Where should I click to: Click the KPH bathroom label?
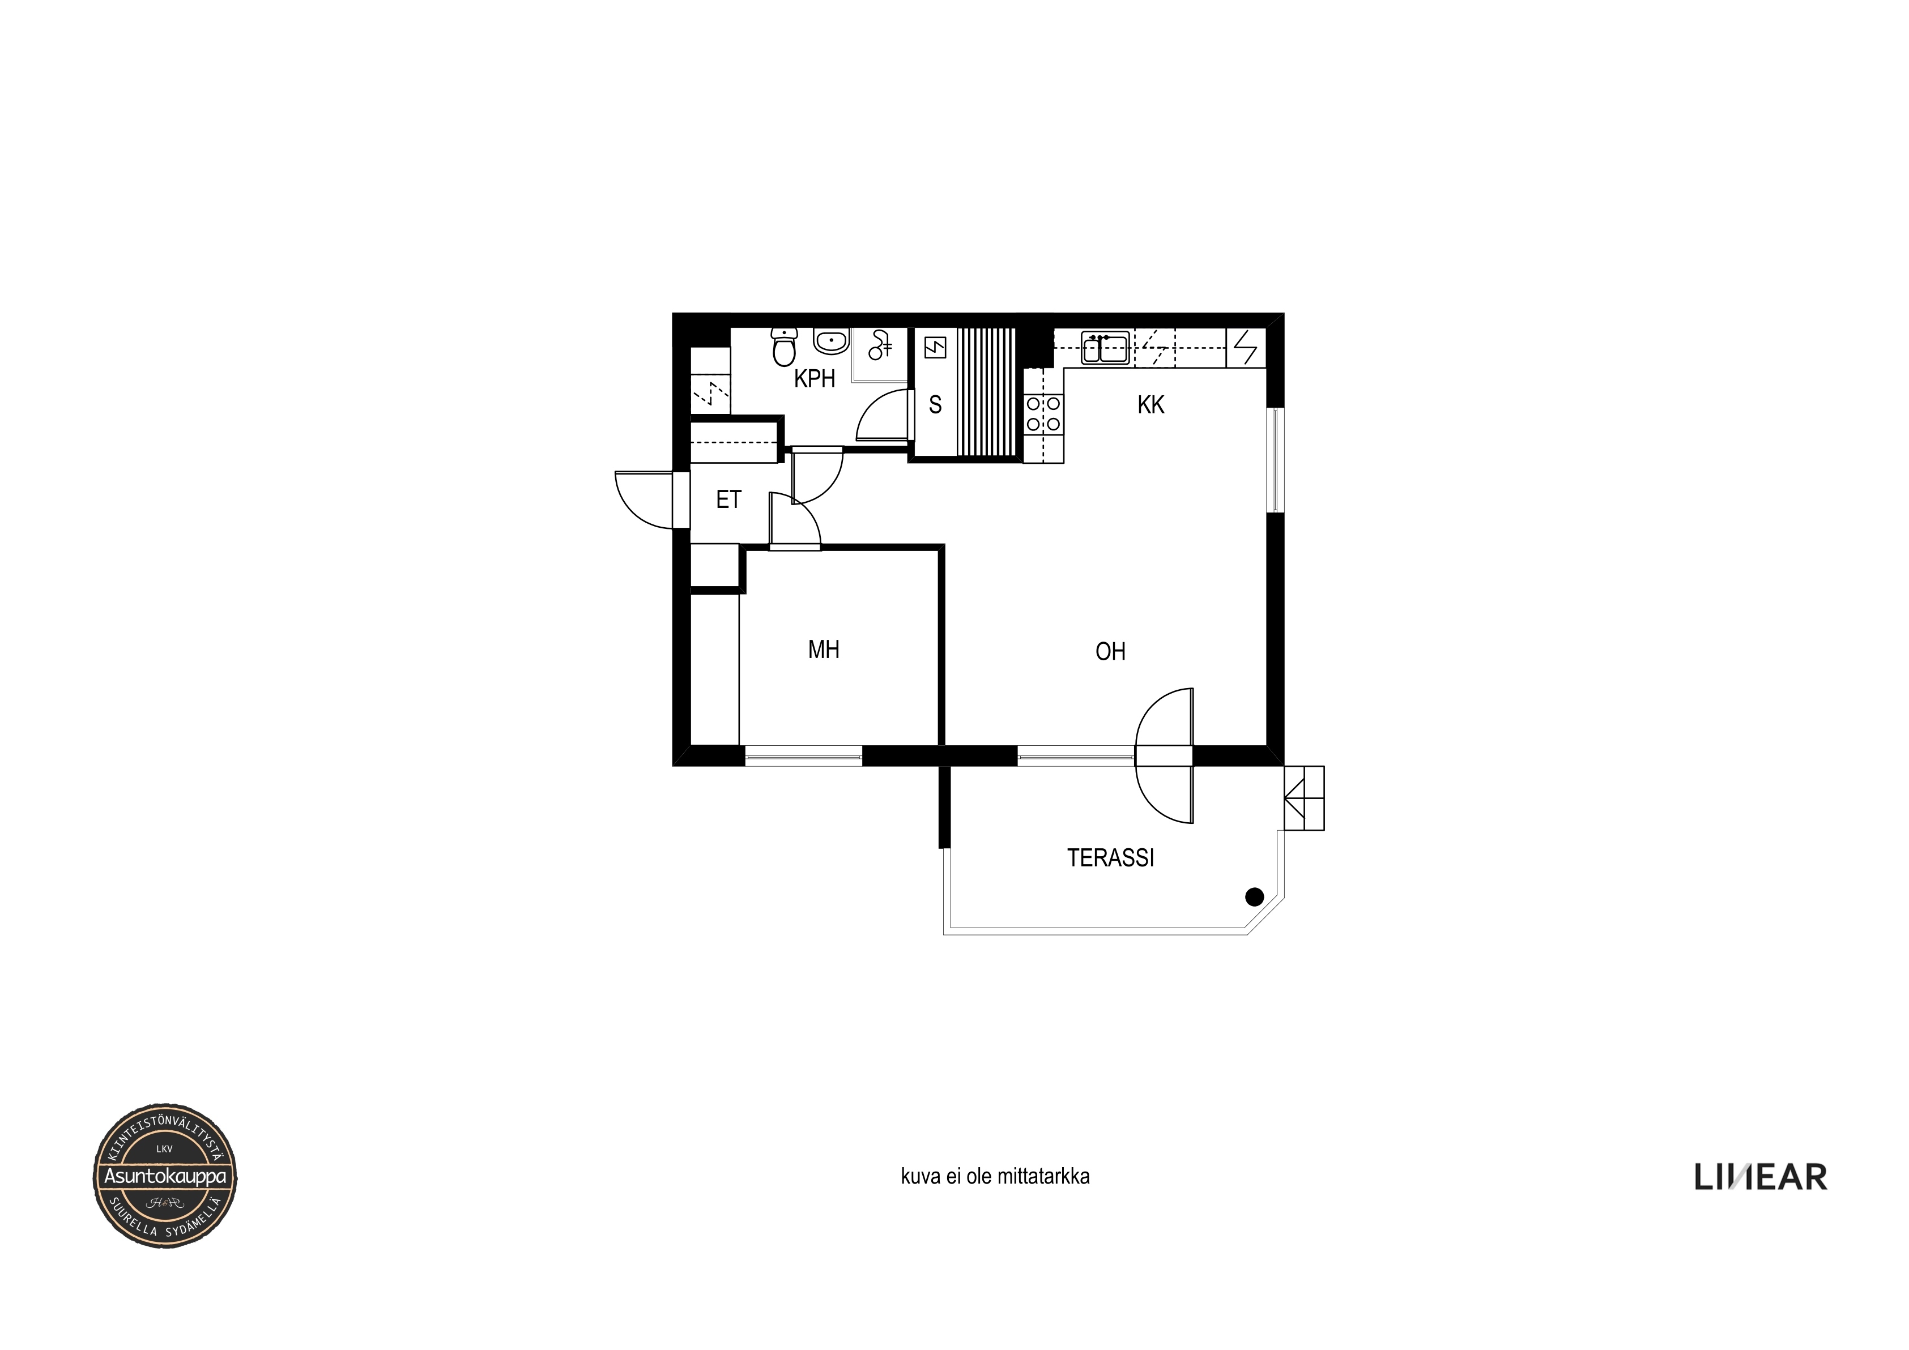pyautogui.click(x=814, y=379)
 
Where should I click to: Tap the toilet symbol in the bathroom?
pyautogui.click(x=784, y=347)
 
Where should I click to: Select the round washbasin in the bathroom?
pyautogui.click(x=830, y=341)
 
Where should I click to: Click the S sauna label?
pyautogui.click(x=935, y=405)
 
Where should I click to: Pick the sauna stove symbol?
pyautogui.click(x=935, y=348)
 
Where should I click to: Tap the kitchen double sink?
pyautogui.click(x=1105, y=348)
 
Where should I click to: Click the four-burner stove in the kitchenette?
pyautogui.click(x=1043, y=413)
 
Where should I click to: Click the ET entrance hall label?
pyautogui.click(x=728, y=499)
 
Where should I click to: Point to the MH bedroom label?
pyautogui.click(x=824, y=649)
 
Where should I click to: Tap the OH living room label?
pyautogui.click(x=1111, y=652)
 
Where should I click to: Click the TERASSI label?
pyautogui.click(x=1111, y=858)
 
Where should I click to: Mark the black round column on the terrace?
pyautogui.click(x=1255, y=897)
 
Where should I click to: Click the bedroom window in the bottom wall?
pyautogui.click(x=804, y=755)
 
